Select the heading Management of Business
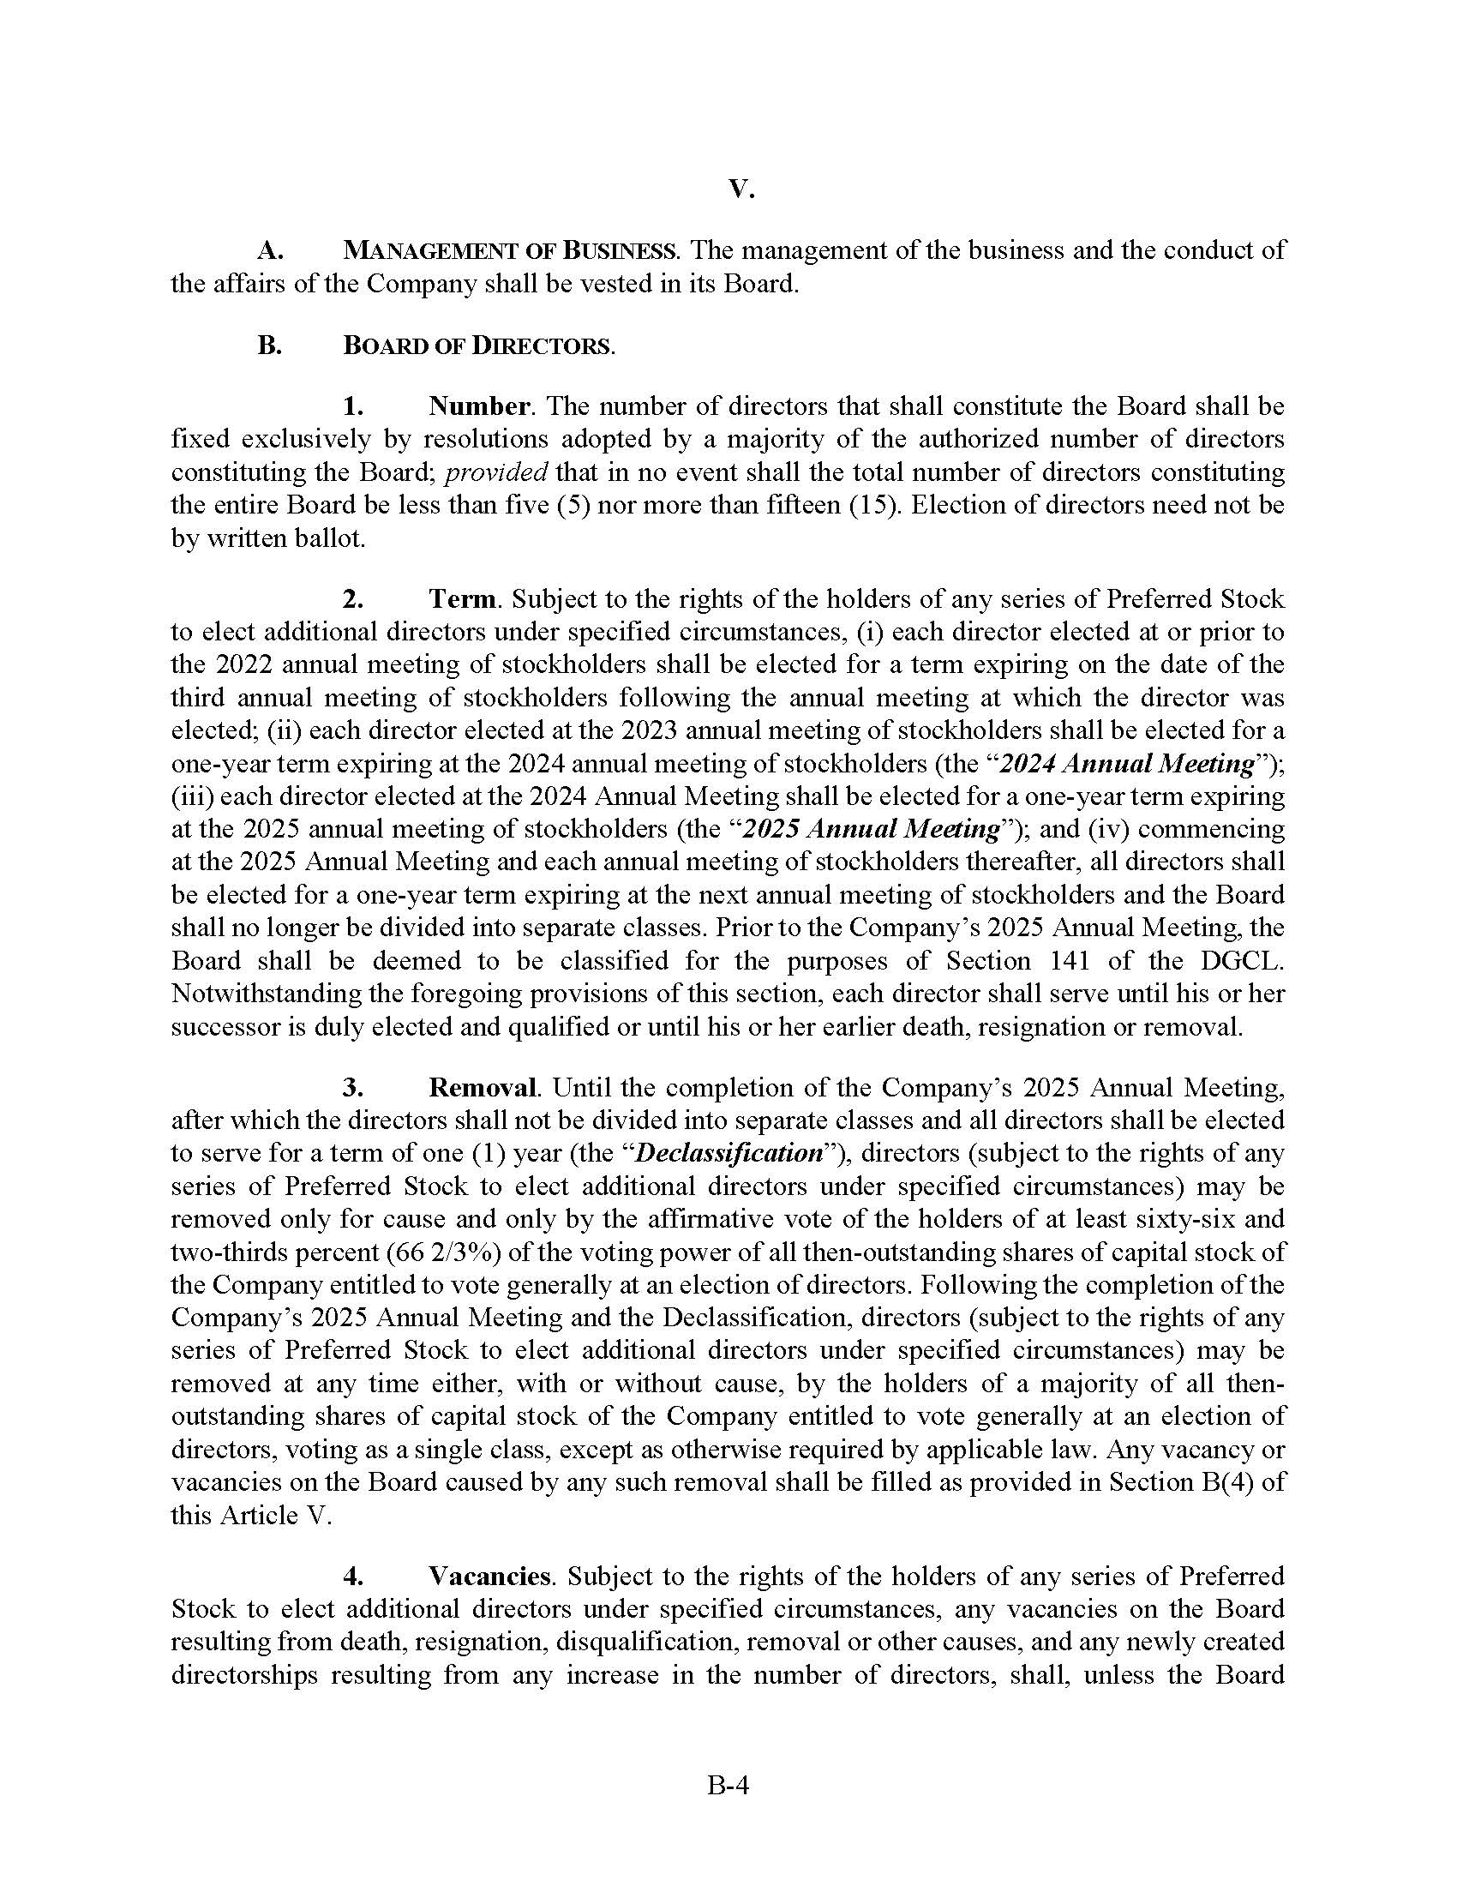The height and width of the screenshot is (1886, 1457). point(509,251)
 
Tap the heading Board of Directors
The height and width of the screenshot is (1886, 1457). point(477,346)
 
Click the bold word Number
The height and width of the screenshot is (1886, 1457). point(479,405)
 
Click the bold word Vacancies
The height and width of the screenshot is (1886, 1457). point(489,1576)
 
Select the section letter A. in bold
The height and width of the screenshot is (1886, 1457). point(271,251)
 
